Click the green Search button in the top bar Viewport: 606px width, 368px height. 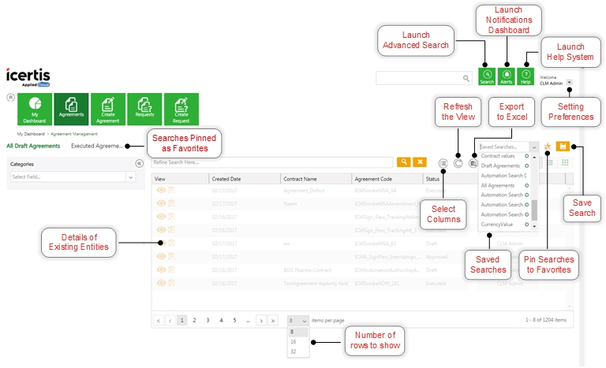click(x=487, y=76)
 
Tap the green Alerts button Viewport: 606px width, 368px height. click(x=507, y=76)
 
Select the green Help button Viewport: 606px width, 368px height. click(x=526, y=76)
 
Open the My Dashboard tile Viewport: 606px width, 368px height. click(x=34, y=109)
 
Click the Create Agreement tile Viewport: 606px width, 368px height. click(x=108, y=109)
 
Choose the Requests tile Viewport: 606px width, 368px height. click(x=144, y=109)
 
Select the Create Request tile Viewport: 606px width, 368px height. click(x=181, y=109)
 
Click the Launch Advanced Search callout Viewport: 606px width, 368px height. click(x=416, y=40)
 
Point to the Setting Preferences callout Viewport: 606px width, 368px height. click(x=571, y=111)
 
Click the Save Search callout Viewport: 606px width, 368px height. click(x=582, y=207)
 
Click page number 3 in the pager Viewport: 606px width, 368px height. click(x=208, y=321)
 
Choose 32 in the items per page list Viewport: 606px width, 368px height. click(x=294, y=351)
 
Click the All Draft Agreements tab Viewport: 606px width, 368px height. click(x=33, y=146)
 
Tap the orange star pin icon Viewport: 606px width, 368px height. click(x=548, y=147)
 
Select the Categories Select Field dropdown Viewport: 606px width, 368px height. click(x=73, y=177)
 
